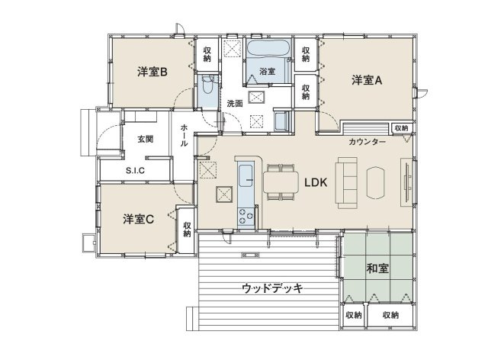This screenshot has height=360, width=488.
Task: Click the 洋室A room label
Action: [x=366, y=79]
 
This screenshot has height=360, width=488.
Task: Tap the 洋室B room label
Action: [x=152, y=71]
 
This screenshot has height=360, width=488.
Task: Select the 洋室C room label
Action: [x=139, y=220]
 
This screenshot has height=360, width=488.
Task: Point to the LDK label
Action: [x=316, y=183]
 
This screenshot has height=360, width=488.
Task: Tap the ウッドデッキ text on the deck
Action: [x=272, y=288]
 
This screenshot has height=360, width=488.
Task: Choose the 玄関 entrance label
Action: [x=146, y=140]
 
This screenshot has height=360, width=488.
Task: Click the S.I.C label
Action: [x=135, y=171]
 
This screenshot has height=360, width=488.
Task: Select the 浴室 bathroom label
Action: [x=267, y=71]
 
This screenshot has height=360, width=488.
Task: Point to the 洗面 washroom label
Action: [x=235, y=103]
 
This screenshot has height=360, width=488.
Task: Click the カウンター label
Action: [x=368, y=143]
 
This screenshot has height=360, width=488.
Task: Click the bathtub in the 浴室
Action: [x=268, y=48]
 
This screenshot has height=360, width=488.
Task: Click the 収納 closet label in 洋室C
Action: [x=187, y=229]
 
